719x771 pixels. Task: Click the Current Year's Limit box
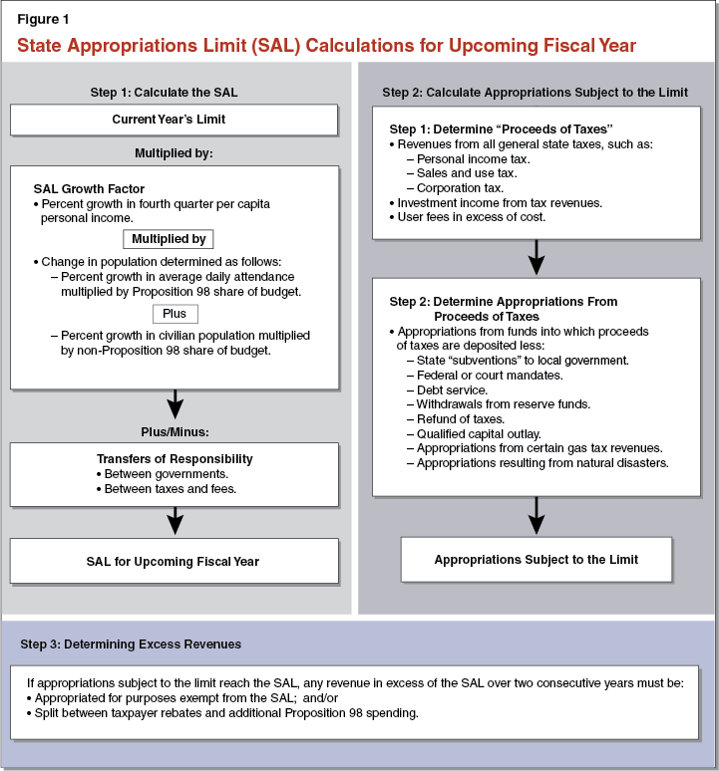174,120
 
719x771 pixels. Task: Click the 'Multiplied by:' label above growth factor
174,153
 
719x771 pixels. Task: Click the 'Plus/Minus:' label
175,430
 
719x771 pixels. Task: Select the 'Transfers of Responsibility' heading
175,459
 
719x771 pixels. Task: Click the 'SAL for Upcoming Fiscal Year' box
174,561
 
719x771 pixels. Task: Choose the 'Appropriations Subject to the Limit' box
537,560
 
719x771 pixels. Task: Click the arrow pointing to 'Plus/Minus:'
175,404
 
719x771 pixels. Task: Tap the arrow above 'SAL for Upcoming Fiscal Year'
175,519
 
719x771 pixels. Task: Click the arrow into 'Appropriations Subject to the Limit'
537,515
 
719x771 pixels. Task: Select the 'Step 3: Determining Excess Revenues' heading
131,644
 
